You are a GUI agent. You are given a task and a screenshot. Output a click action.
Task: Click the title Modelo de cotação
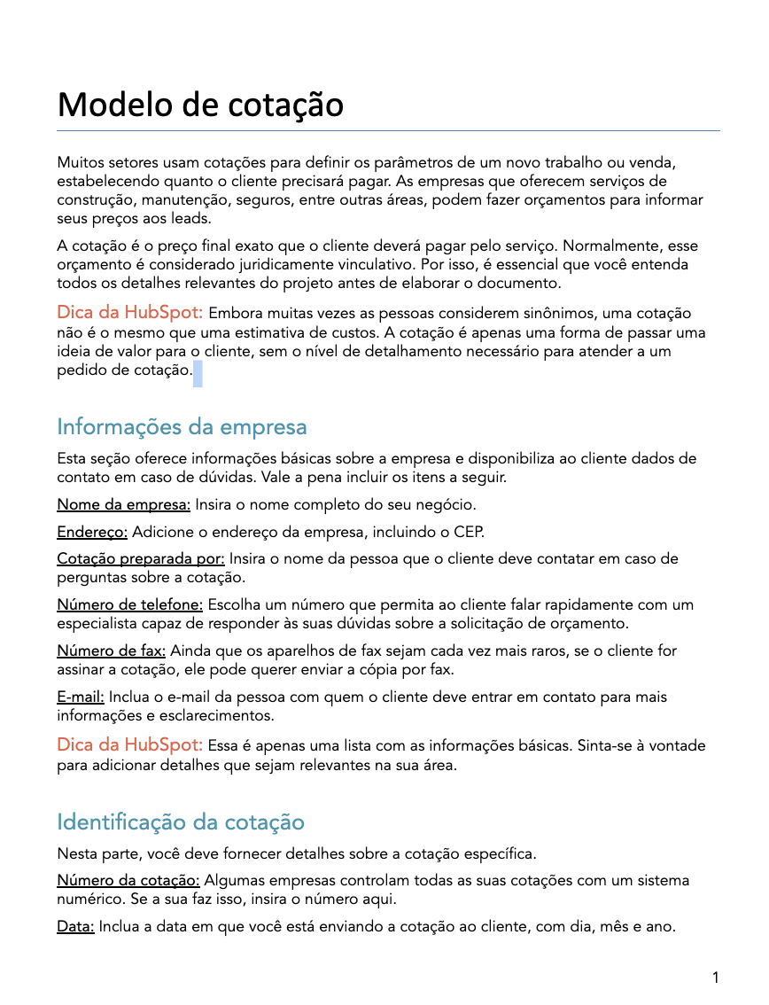tap(200, 105)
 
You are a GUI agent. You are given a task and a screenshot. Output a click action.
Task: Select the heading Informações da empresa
tap(182, 427)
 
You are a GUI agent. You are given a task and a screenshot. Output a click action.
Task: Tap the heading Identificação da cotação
tap(181, 822)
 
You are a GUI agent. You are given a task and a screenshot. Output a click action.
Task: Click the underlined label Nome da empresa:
tap(124, 505)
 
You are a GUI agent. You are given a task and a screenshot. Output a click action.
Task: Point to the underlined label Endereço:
tap(92, 532)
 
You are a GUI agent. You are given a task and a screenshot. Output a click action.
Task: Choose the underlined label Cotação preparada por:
tap(141, 559)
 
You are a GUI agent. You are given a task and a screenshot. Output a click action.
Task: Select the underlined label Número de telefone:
tap(130, 605)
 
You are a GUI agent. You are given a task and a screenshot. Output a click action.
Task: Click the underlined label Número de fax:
tap(111, 651)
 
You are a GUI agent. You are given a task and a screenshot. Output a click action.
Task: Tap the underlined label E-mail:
tap(81, 697)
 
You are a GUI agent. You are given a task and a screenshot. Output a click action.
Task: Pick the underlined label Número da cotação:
tap(128, 882)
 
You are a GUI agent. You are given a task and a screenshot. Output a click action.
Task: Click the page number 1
tap(715, 978)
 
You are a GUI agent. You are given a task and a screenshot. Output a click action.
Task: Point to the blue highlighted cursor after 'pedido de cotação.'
tap(198, 373)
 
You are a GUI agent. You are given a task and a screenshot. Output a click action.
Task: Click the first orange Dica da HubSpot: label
tap(130, 313)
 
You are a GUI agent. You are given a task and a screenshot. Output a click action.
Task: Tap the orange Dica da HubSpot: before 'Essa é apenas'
tap(130, 744)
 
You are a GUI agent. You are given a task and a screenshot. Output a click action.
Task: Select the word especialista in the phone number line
tap(97, 624)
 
